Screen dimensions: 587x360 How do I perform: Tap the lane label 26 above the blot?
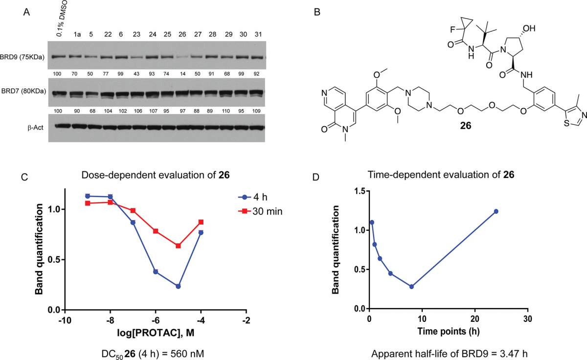182,34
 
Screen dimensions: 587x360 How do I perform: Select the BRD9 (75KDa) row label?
23,57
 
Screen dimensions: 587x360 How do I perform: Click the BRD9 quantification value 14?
182,74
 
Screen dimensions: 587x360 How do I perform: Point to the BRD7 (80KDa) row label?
23,91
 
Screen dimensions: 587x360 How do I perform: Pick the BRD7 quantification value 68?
90,111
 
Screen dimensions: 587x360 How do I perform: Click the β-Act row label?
35,128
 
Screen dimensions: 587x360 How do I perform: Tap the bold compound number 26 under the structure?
466,126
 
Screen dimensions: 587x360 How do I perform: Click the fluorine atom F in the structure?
452,30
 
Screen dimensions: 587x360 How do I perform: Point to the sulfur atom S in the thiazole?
566,123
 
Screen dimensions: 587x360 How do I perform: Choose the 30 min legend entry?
260,211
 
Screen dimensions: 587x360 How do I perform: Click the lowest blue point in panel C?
178,286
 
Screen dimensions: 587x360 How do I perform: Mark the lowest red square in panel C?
178,246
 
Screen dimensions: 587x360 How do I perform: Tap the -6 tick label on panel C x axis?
156,320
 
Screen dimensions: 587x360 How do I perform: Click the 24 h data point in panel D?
496,211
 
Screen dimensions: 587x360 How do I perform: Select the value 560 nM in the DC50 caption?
187,354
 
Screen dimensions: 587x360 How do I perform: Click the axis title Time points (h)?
449,331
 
